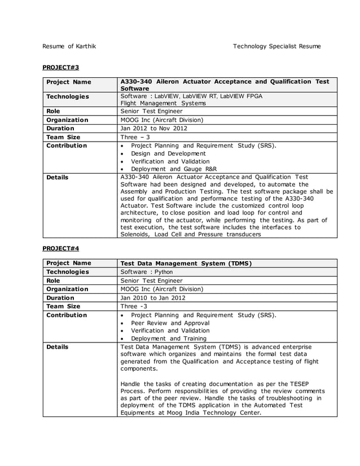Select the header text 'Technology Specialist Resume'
[x=276, y=46]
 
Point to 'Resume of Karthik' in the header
[x=69, y=46]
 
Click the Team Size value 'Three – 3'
[x=135, y=137]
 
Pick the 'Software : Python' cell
[x=147, y=272]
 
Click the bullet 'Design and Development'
[x=168, y=153]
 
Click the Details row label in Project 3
[x=58, y=177]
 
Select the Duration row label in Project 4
[x=60, y=297]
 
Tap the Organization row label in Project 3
[x=67, y=120]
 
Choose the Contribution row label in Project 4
[x=67, y=315]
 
